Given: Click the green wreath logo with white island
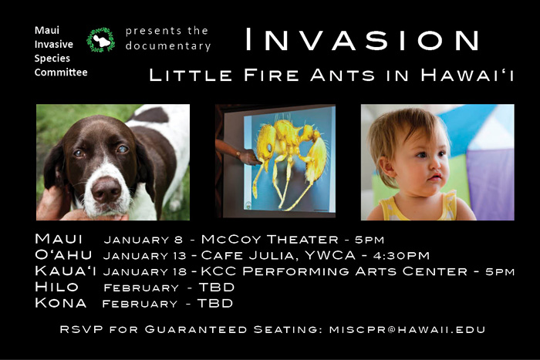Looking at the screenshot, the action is [x=100, y=40].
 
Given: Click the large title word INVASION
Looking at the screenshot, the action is [x=362, y=39].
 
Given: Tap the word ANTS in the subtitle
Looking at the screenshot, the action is [x=343, y=75].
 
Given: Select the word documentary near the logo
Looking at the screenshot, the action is [x=168, y=45].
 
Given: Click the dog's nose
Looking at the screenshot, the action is [x=106, y=190].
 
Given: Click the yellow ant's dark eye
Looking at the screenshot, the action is [x=269, y=148].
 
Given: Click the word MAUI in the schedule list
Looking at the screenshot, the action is [x=59, y=238].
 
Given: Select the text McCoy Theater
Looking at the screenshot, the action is [x=270, y=239].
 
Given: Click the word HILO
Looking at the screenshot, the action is [x=56, y=287].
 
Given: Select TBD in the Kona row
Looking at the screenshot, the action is [x=215, y=303].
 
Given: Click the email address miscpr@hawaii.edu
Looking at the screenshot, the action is [x=407, y=329].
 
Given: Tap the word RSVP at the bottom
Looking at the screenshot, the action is [x=81, y=329].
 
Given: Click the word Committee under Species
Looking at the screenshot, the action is [x=61, y=72].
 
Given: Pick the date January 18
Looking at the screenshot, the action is [x=145, y=272].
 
